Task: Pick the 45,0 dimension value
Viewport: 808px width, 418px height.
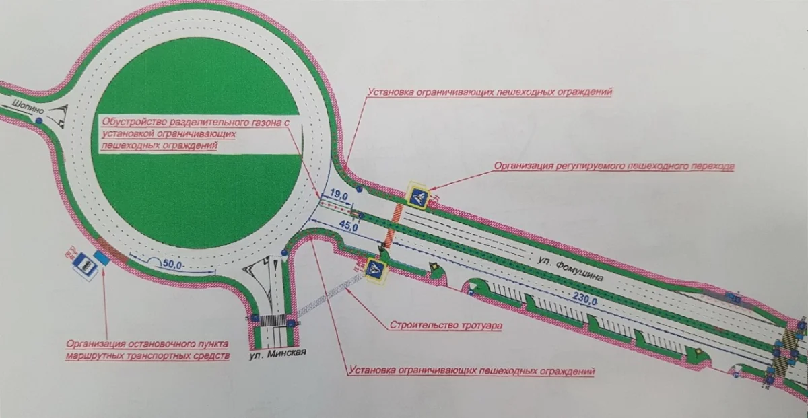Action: (x=349, y=225)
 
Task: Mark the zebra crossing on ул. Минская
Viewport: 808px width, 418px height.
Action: (x=273, y=321)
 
